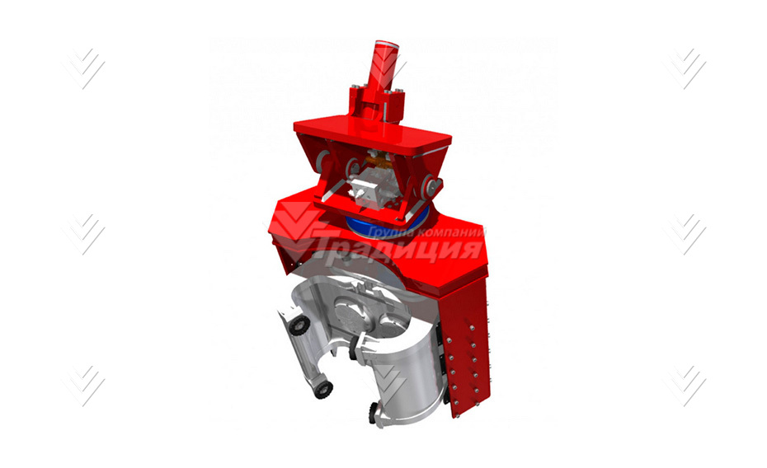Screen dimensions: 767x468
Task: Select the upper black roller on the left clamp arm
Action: (299, 325)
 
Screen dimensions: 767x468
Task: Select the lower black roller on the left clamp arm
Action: (322, 390)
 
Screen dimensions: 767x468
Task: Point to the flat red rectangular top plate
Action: (372, 133)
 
